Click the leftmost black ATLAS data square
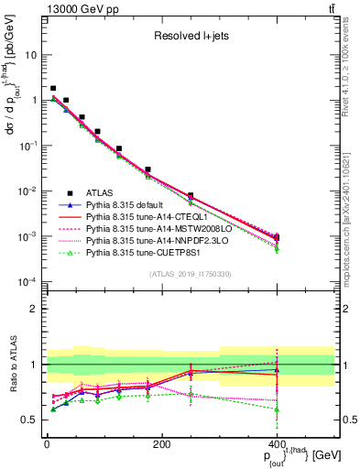point(53,89)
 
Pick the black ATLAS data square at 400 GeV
point(277,237)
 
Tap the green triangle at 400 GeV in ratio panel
point(277,409)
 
